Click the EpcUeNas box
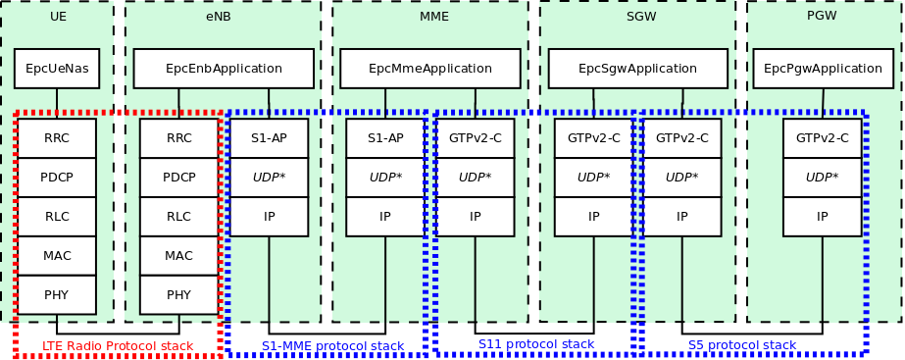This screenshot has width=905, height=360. coord(57,69)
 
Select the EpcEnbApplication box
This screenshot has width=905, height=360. coord(224,69)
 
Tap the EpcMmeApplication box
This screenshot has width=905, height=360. coord(430,69)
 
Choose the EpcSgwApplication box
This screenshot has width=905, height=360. coord(637,69)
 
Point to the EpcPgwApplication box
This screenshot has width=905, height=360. coord(823,69)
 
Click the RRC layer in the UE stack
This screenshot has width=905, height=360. coord(57,138)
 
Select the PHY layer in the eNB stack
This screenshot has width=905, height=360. coord(178,294)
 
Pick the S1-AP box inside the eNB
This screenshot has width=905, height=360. coord(269,138)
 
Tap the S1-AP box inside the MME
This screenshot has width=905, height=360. coord(385,138)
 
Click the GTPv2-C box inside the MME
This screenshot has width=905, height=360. coord(476,138)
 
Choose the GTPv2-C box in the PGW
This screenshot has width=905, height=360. coord(822,138)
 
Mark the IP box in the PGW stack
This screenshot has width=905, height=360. coord(822,217)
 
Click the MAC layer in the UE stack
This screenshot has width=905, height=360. coord(57,256)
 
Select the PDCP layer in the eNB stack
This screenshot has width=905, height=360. coord(178,178)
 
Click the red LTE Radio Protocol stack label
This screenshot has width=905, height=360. coord(118,346)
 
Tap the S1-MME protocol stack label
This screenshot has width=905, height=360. coord(332,346)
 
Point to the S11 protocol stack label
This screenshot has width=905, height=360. coord(536,344)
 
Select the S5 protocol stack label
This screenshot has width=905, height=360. coord(741,345)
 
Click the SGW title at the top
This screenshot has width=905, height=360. coord(641,17)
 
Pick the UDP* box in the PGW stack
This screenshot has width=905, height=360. coord(822,178)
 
